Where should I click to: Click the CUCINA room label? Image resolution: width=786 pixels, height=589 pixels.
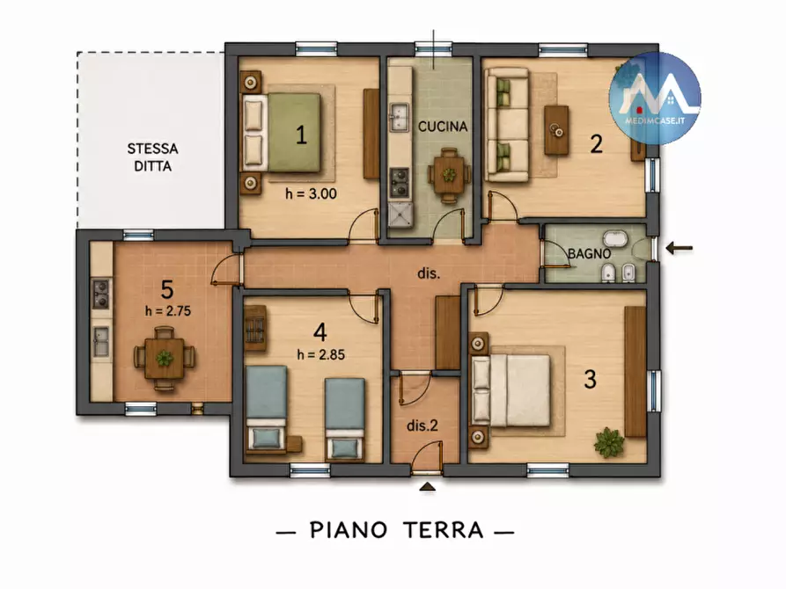click(x=443, y=127)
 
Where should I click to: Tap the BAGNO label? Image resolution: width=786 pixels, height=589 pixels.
click(x=589, y=253)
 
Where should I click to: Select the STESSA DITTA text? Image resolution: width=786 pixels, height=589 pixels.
click(x=152, y=157)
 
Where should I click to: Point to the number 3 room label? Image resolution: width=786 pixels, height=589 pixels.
click(x=591, y=379)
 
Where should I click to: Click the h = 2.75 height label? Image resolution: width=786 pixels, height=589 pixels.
click(x=168, y=311)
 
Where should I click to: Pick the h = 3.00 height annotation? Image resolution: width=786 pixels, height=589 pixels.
click(x=311, y=193)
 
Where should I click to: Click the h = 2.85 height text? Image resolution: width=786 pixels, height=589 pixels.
click(x=320, y=354)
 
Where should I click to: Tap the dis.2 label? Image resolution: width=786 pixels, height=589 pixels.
click(x=422, y=425)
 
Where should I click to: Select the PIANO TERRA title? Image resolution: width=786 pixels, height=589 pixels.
click(x=396, y=530)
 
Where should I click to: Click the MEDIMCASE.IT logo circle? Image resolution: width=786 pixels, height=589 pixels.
click(x=655, y=98)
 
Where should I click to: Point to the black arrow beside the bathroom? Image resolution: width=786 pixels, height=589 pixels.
click(x=679, y=247)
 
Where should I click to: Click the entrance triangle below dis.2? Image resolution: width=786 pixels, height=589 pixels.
click(x=427, y=486)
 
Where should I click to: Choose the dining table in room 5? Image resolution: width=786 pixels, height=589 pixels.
click(x=164, y=358)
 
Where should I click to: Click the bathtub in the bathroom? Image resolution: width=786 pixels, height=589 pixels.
click(x=614, y=238)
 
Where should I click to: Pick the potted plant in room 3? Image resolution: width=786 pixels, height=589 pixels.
click(x=609, y=442)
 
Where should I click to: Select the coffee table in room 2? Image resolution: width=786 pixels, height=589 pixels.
click(x=556, y=130)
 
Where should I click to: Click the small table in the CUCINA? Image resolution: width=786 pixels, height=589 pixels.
click(x=449, y=175)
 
